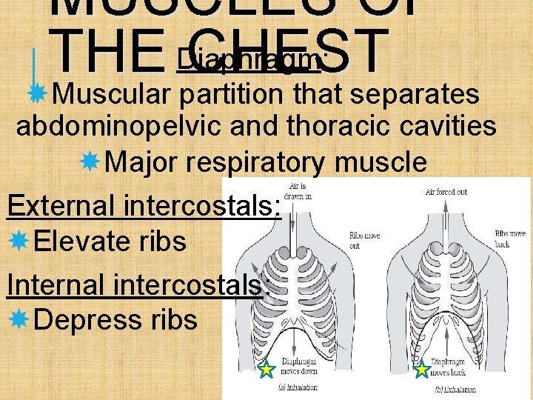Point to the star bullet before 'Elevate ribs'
18,241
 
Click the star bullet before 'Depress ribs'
18,319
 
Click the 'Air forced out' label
447,192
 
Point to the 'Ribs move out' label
364,241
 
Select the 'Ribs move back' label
510,238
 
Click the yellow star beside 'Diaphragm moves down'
266,368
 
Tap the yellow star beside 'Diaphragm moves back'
421,368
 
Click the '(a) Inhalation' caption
298,387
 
